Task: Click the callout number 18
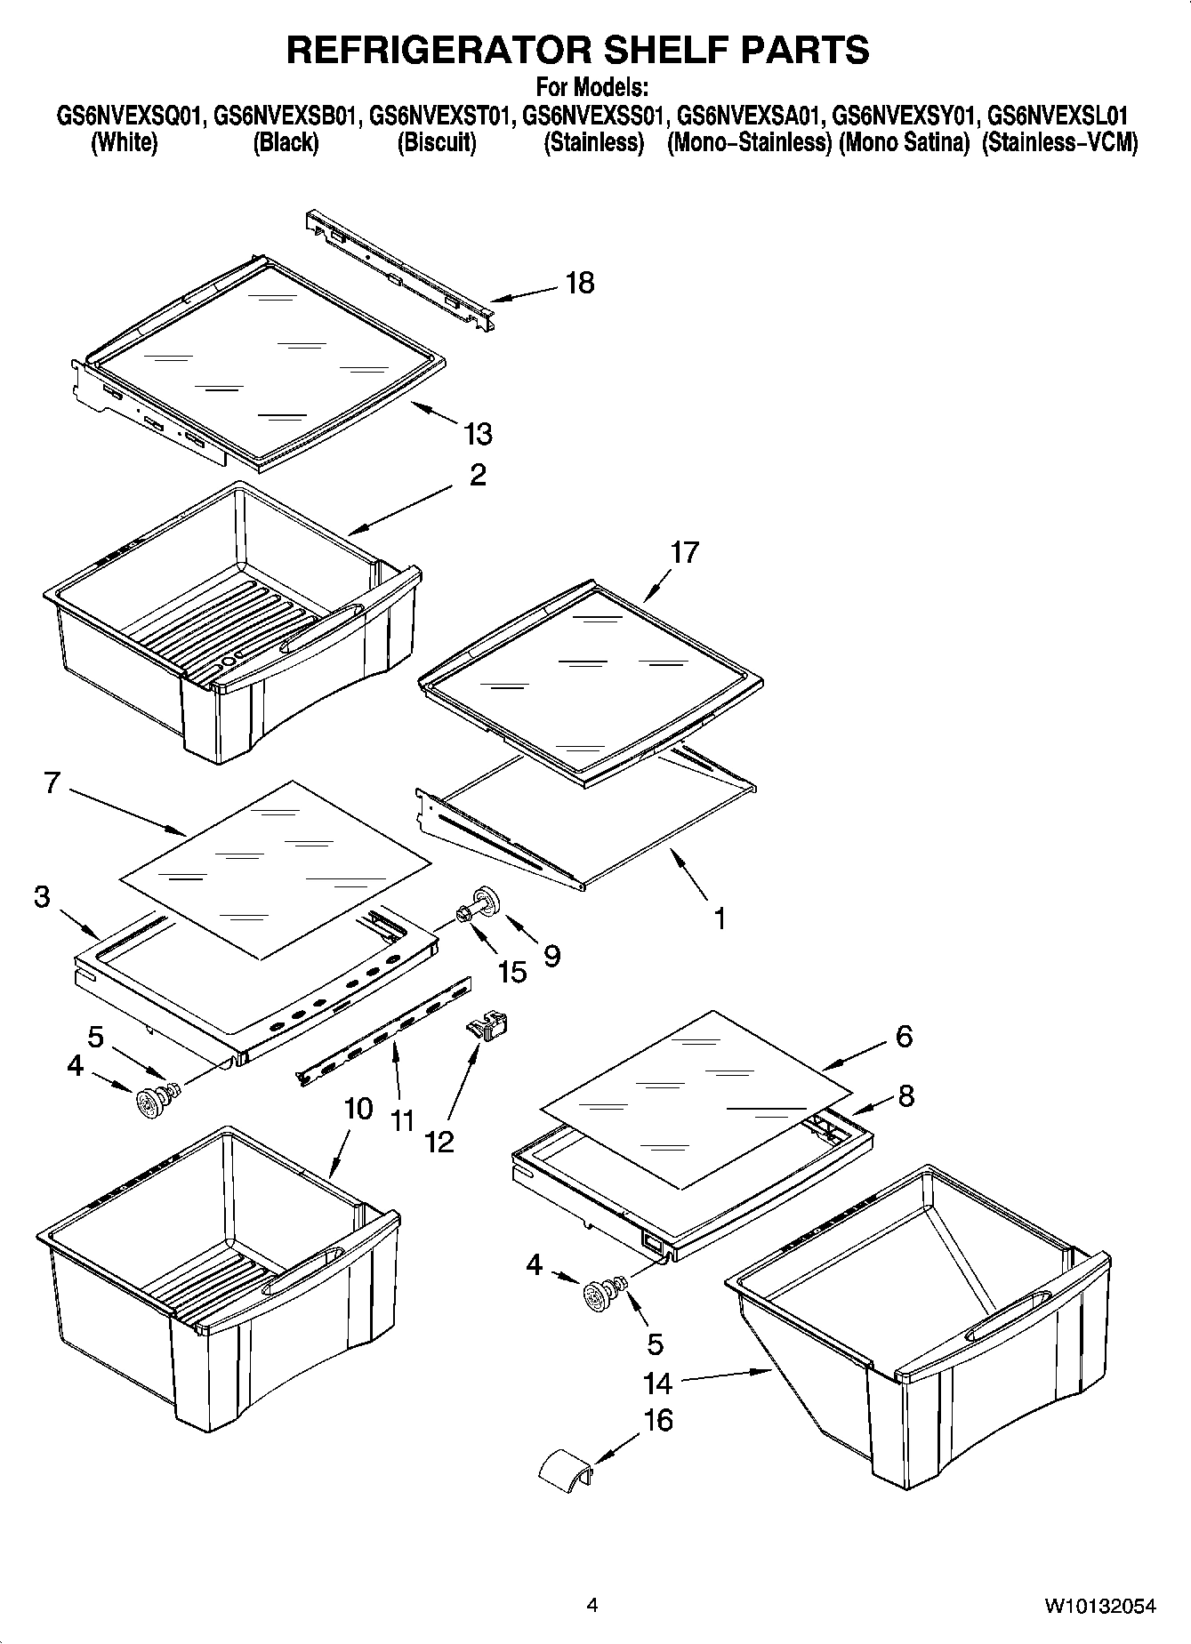click(x=579, y=283)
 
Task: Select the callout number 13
click(x=478, y=434)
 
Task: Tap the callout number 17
click(x=684, y=552)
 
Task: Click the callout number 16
click(x=658, y=1420)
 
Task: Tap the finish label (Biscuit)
click(x=436, y=142)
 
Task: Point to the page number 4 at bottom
click(x=592, y=1605)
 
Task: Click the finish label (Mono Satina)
click(x=904, y=142)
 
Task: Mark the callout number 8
click(x=905, y=1095)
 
